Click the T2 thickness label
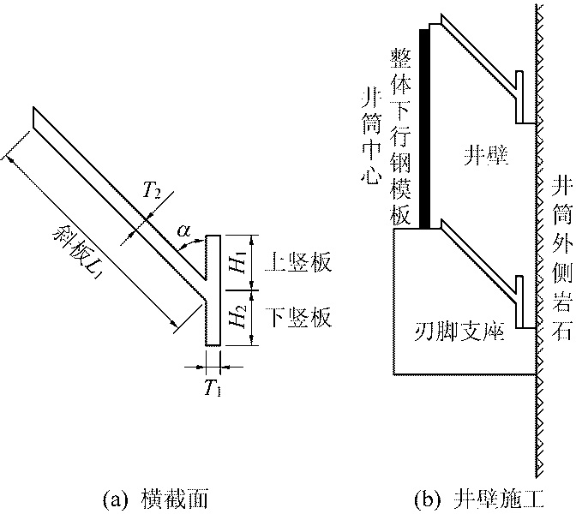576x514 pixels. click(x=152, y=193)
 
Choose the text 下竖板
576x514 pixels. click(x=298, y=318)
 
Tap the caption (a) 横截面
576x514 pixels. click(x=153, y=497)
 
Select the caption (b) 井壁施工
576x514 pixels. click(x=467, y=497)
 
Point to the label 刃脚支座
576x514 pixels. click(x=458, y=331)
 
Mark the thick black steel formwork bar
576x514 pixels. click(x=423, y=128)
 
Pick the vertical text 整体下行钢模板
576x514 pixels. click(x=399, y=136)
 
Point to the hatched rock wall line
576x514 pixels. click(x=537, y=257)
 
